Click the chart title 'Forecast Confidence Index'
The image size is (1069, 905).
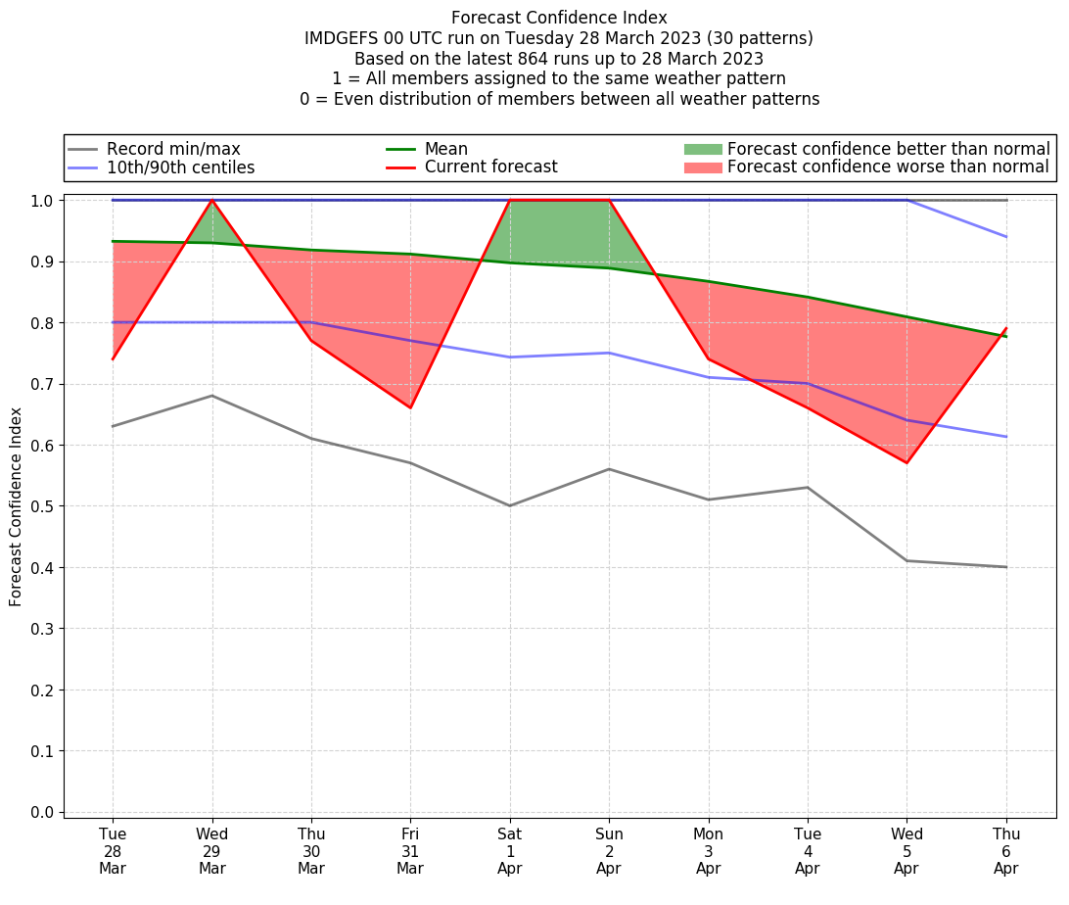coord(559,18)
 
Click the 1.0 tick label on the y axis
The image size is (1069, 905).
coord(45,201)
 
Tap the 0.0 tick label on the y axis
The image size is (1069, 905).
coord(45,813)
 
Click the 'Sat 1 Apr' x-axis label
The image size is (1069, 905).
coord(510,851)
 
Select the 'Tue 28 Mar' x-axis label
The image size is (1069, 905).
coord(113,851)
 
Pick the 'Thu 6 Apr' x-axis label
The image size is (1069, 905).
coord(1006,851)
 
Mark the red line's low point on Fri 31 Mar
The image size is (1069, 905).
coord(410,407)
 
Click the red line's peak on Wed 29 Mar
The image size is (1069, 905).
coord(212,200)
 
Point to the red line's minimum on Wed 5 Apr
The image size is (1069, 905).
coord(906,462)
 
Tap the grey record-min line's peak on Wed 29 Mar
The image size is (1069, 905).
coord(212,396)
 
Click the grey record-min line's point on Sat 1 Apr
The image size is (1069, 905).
coord(510,505)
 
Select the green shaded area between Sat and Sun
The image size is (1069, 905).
coord(559,230)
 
